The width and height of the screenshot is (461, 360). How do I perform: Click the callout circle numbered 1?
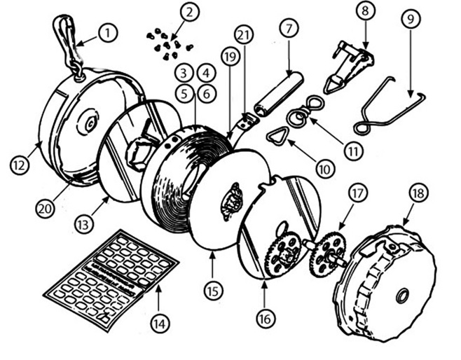[x=108, y=33]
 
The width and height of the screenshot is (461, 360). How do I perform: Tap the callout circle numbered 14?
[x=160, y=324]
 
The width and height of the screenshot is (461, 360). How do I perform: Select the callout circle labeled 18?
[x=419, y=193]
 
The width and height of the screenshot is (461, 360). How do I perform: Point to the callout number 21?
[x=244, y=35]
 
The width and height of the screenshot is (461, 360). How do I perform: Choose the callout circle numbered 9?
[x=411, y=19]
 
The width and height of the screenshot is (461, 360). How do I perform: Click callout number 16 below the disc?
[x=266, y=319]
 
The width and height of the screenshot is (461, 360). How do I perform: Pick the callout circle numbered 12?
[x=19, y=165]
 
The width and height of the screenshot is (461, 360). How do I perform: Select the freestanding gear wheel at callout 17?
[x=327, y=253]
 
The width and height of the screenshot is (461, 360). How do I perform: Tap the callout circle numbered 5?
[x=184, y=94]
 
